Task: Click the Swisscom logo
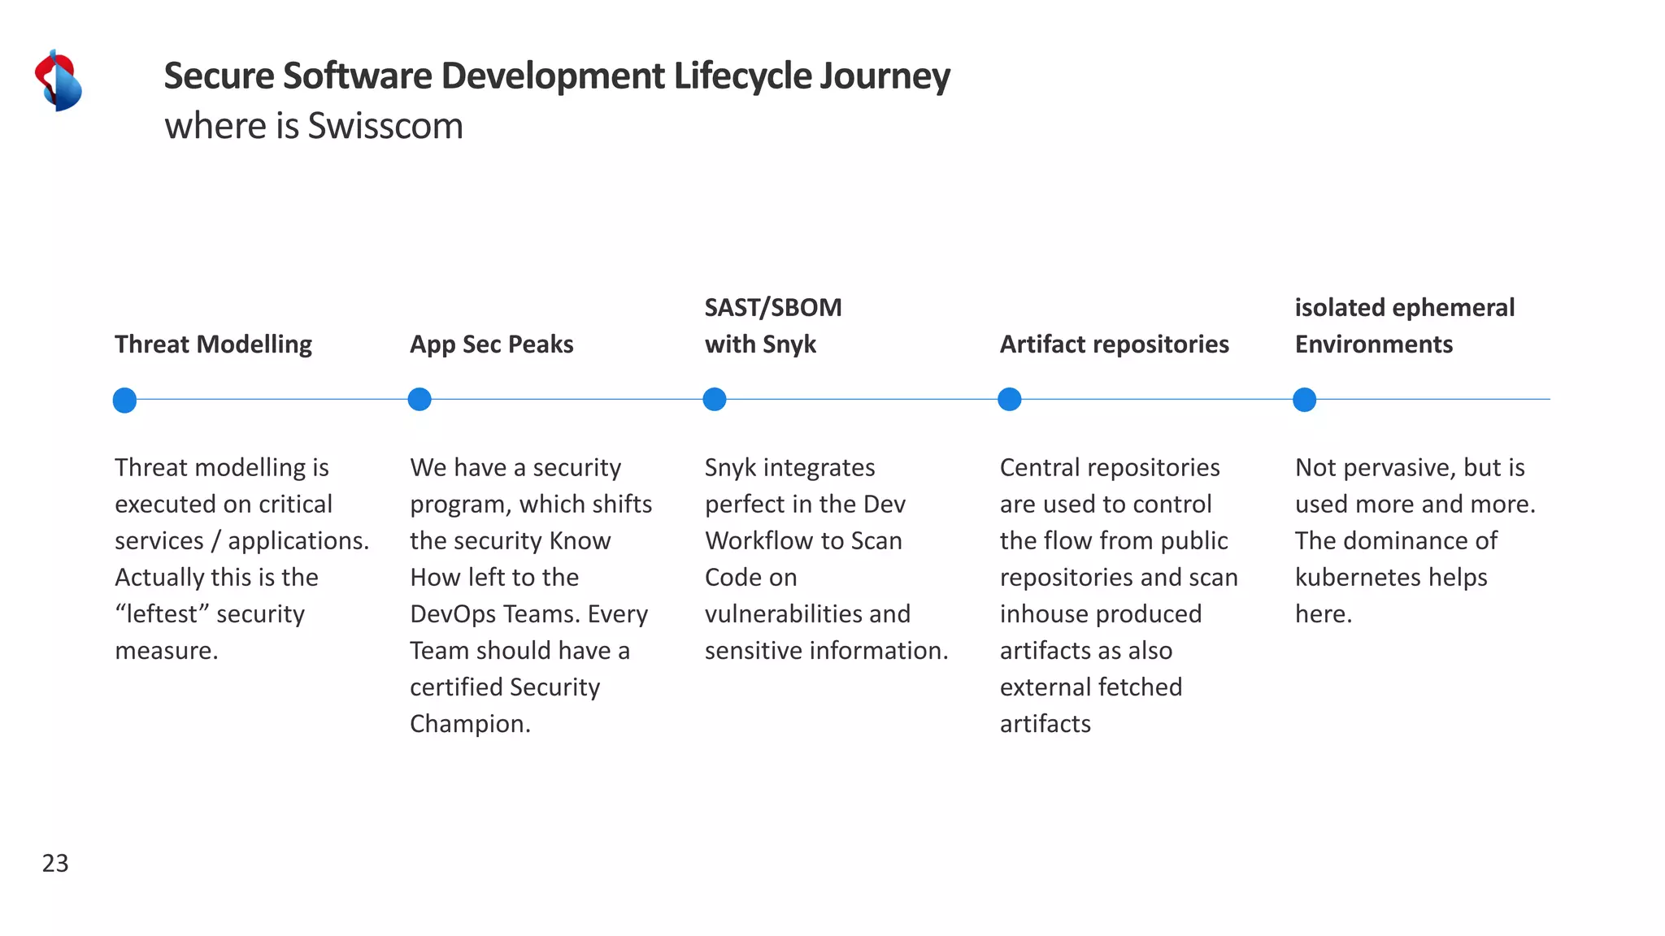pyautogui.click(x=59, y=80)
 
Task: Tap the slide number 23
pyautogui.click(x=55, y=863)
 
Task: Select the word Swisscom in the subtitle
pyautogui.click(x=385, y=127)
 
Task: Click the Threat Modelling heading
pyautogui.click(x=213, y=344)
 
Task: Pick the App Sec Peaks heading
pyautogui.click(x=491, y=344)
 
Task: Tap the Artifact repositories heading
pyautogui.click(x=1114, y=344)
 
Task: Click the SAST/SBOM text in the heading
pyautogui.click(x=772, y=308)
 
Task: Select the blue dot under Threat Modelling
pyautogui.click(x=124, y=400)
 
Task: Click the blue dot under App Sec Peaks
pyautogui.click(x=420, y=400)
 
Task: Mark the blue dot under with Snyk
pyautogui.click(x=715, y=400)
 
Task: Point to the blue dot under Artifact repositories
pyautogui.click(x=1009, y=400)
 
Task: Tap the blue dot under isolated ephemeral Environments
pyautogui.click(x=1304, y=400)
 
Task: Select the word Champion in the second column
pyautogui.click(x=467, y=724)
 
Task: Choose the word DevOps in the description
pyautogui.click(x=450, y=614)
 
